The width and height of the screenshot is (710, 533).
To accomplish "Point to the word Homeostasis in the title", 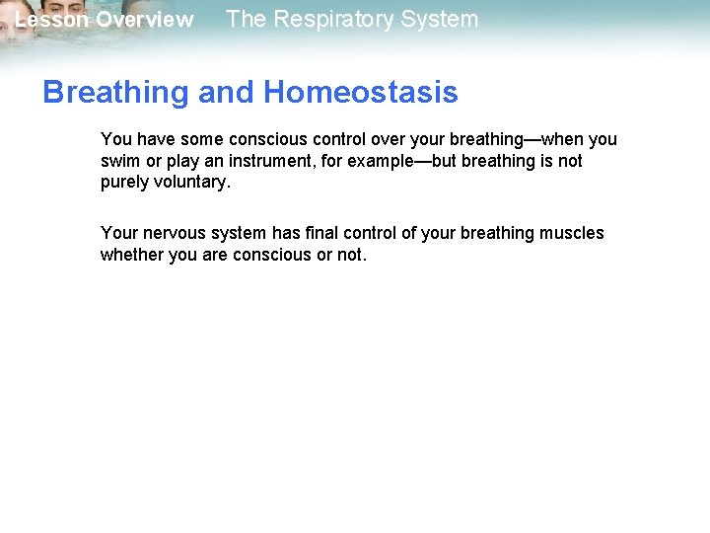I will (361, 93).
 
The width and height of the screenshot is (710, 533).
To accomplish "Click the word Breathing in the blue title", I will (115, 93).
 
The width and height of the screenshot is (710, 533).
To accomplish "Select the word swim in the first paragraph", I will (119, 161).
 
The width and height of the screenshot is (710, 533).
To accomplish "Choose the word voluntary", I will (191, 182).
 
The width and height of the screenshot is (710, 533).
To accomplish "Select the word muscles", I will (572, 233).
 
